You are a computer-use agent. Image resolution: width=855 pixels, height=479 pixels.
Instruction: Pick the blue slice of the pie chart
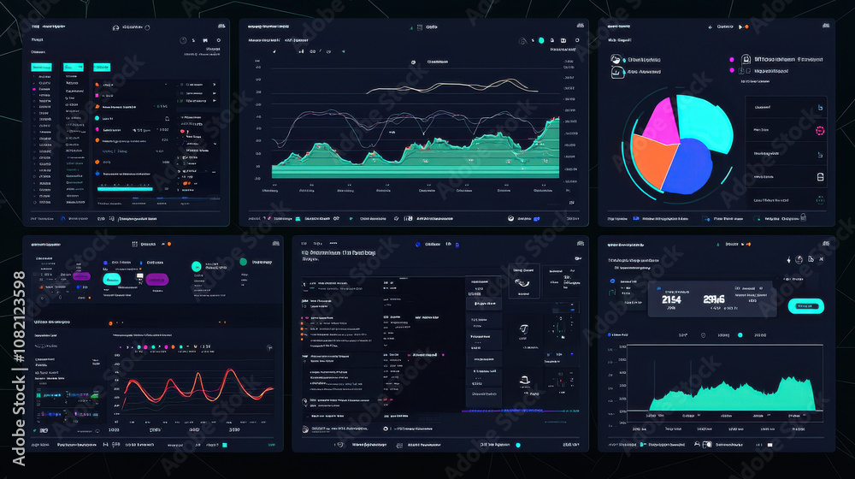[x=694, y=168]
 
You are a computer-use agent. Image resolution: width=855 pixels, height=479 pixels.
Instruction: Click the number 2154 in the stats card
[x=671, y=299]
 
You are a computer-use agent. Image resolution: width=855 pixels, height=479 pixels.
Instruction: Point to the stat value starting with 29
[x=714, y=299]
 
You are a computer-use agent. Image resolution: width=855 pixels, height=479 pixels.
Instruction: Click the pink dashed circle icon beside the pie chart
[x=819, y=131]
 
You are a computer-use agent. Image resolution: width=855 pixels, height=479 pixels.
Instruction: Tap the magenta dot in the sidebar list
[x=34, y=89]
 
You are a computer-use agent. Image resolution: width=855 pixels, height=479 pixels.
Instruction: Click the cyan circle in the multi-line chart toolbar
[x=540, y=40]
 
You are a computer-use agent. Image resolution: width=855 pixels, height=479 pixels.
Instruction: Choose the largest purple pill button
[x=156, y=279]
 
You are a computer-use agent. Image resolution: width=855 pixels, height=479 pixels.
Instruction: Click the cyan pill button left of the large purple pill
[x=112, y=279]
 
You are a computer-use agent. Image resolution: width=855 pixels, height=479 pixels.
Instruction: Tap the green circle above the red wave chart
[x=244, y=262]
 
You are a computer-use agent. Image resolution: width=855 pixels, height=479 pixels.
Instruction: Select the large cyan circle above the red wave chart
[x=198, y=266]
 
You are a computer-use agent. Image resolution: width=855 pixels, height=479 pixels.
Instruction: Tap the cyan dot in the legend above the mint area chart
[x=740, y=335]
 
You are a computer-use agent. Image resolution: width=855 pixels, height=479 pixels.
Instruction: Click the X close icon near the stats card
[x=822, y=259]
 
